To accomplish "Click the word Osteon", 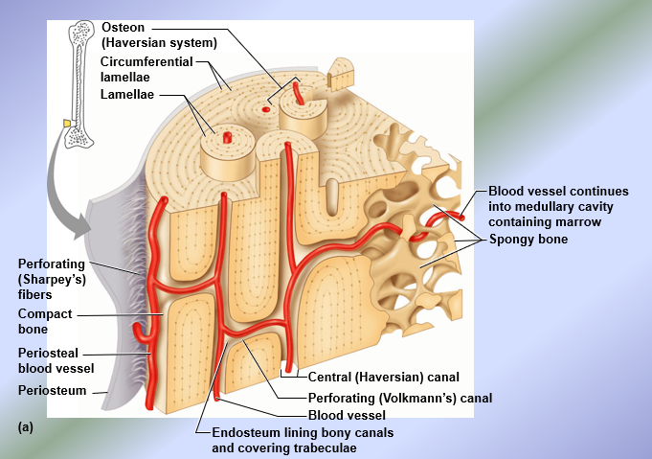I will pos(124,27).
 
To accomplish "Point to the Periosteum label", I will pos(52,390).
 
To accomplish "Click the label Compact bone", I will pos(45,321).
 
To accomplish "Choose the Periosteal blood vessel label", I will pos(56,360).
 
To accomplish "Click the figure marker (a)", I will pos(25,427).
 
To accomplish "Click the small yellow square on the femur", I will pos(67,123).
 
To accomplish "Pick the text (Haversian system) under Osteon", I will pos(159,42).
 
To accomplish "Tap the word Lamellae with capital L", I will pos(129,94).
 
